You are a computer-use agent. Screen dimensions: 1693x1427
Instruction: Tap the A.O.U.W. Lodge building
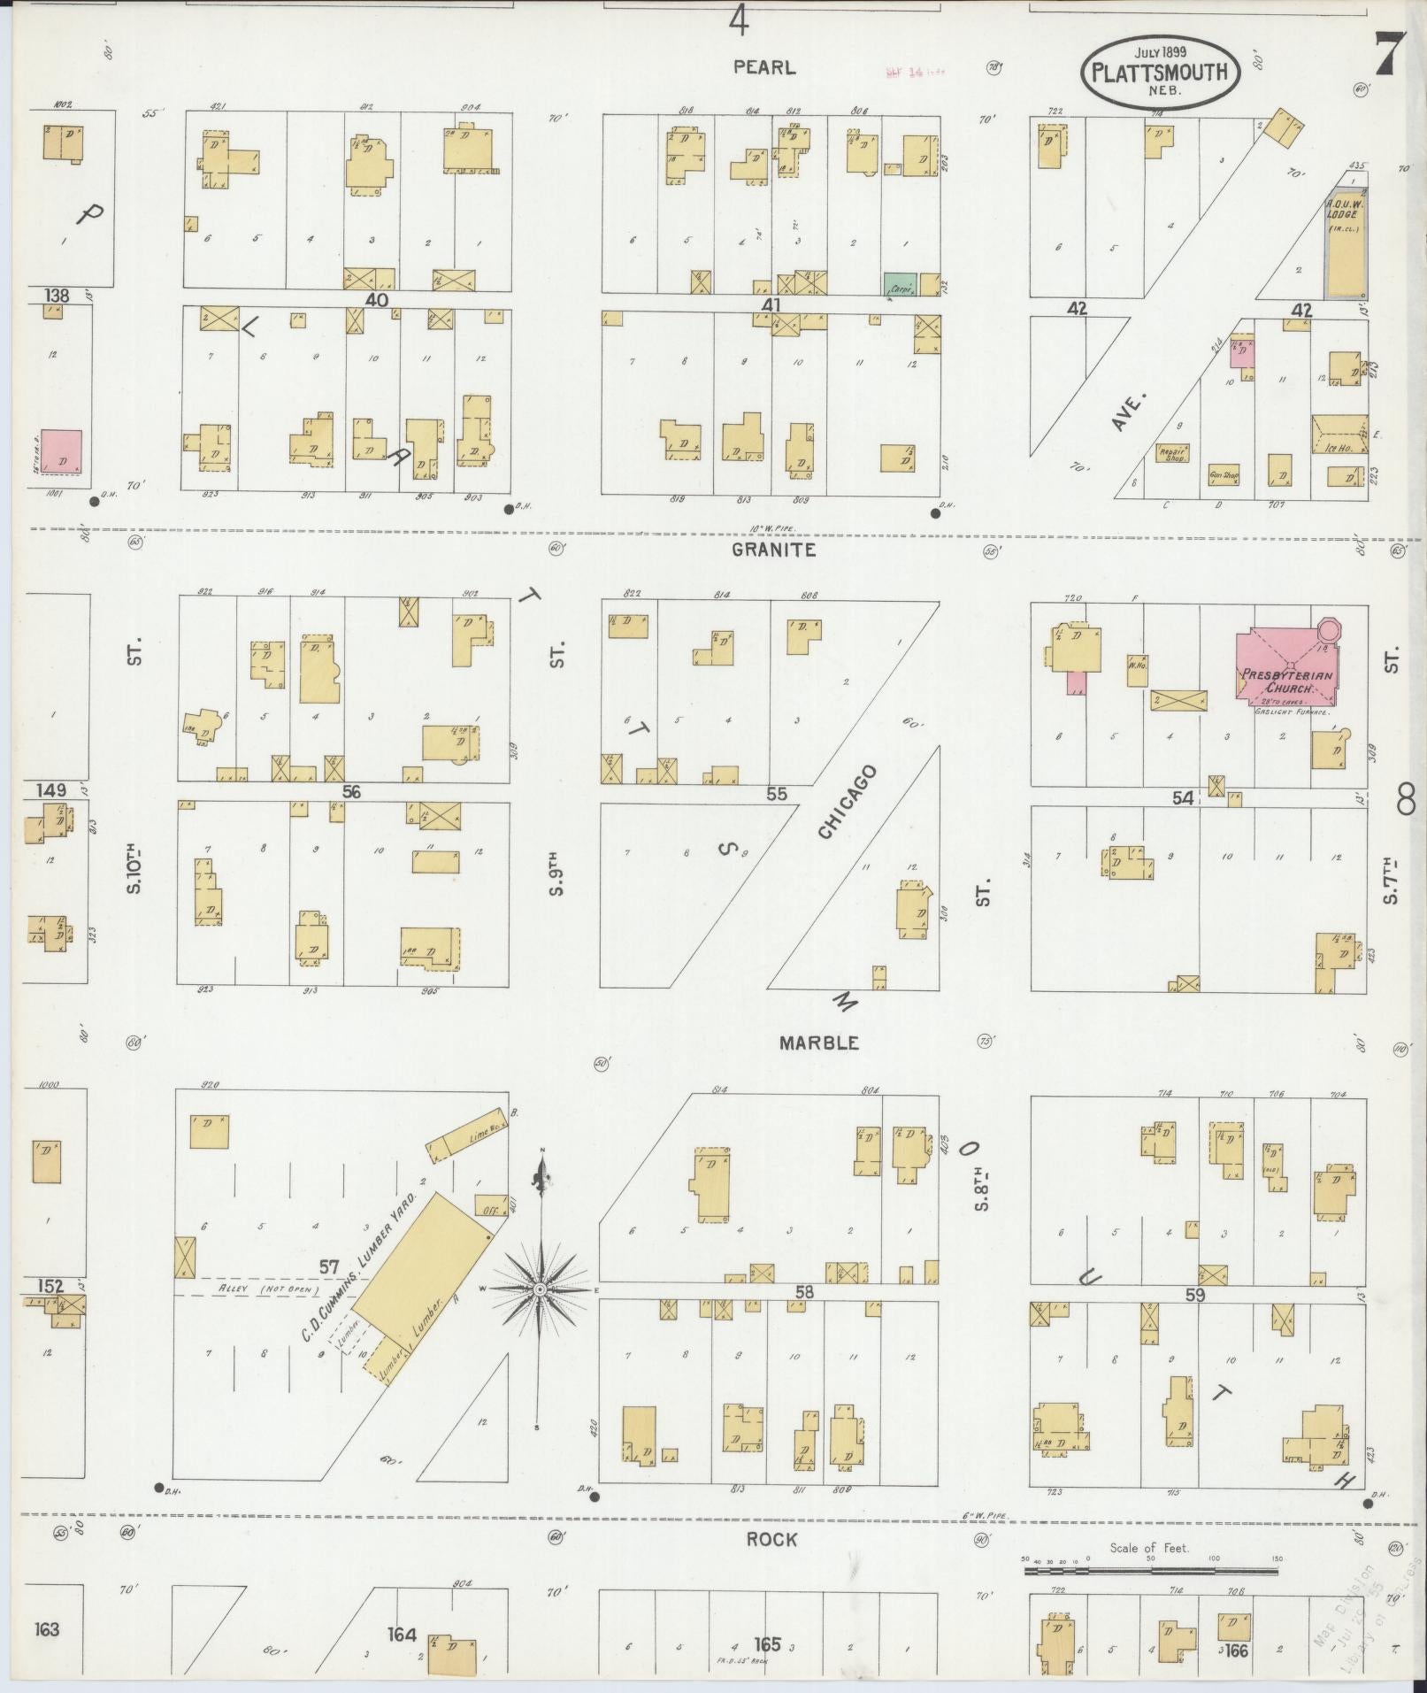[1345, 243]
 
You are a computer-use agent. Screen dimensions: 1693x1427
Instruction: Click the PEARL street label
[764, 67]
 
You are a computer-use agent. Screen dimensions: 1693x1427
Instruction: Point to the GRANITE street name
[774, 550]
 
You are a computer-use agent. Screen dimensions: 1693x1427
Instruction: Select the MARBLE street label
[818, 1043]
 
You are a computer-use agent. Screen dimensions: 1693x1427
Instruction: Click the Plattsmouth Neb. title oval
[1160, 73]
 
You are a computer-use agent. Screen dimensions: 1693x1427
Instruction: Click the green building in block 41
[900, 285]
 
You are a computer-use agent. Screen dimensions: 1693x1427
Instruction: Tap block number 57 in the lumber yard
[329, 1268]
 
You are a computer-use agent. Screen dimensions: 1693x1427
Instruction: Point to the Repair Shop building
[1172, 453]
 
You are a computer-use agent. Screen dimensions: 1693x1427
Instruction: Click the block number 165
[765, 1644]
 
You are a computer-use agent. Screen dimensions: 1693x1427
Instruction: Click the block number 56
[351, 792]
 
